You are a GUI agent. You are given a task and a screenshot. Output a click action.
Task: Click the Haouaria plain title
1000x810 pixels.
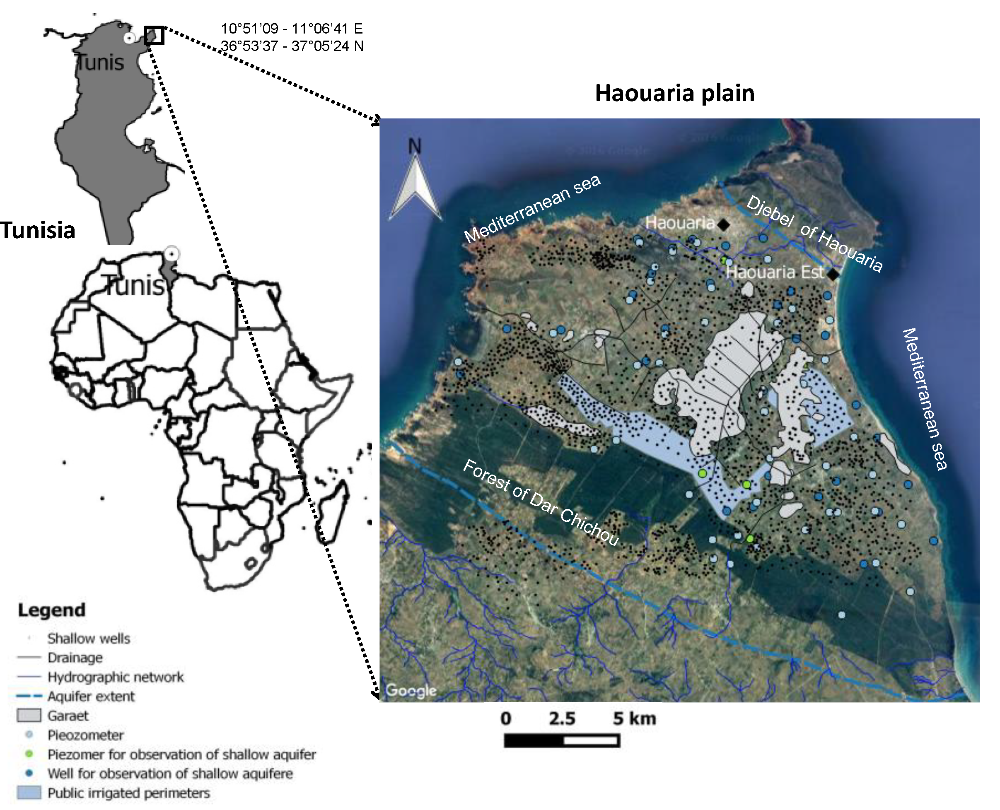[x=674, y=93]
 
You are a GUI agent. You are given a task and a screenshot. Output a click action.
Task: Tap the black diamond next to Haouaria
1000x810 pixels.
[x=723, y=225]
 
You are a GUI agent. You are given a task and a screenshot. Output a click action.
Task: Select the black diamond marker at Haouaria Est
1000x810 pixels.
[x=833, y=275]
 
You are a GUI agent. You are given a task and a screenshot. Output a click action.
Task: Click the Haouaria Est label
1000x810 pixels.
[x=775, y=272]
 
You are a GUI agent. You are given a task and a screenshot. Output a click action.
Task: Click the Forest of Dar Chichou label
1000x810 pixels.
[x=540, y=501]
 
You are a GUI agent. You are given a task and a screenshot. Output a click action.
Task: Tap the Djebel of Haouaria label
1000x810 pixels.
[x=814, y=233]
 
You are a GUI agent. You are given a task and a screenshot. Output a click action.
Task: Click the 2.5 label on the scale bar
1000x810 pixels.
[x=561, y=719]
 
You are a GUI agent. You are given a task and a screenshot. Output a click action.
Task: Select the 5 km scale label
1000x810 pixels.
[x=634, y=719]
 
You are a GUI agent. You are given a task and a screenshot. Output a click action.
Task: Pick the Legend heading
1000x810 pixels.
[x=51, y=610]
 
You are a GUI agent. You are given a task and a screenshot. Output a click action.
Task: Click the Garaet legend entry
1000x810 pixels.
[x=68, y=716]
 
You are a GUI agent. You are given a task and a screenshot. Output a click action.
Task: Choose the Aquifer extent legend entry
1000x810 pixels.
[x=91, y=697]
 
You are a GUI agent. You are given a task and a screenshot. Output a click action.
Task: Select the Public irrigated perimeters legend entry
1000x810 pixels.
[x=129, y=793]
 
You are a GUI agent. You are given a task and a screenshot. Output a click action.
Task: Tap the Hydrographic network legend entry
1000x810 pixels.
[x=116, y=677]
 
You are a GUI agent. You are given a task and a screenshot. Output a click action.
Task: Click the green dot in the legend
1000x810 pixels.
[x=29, y=754]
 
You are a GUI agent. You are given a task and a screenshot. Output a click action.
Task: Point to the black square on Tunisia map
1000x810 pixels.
[x=154, y=36]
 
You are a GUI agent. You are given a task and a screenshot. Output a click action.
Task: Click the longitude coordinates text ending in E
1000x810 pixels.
[x=291, y=29]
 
